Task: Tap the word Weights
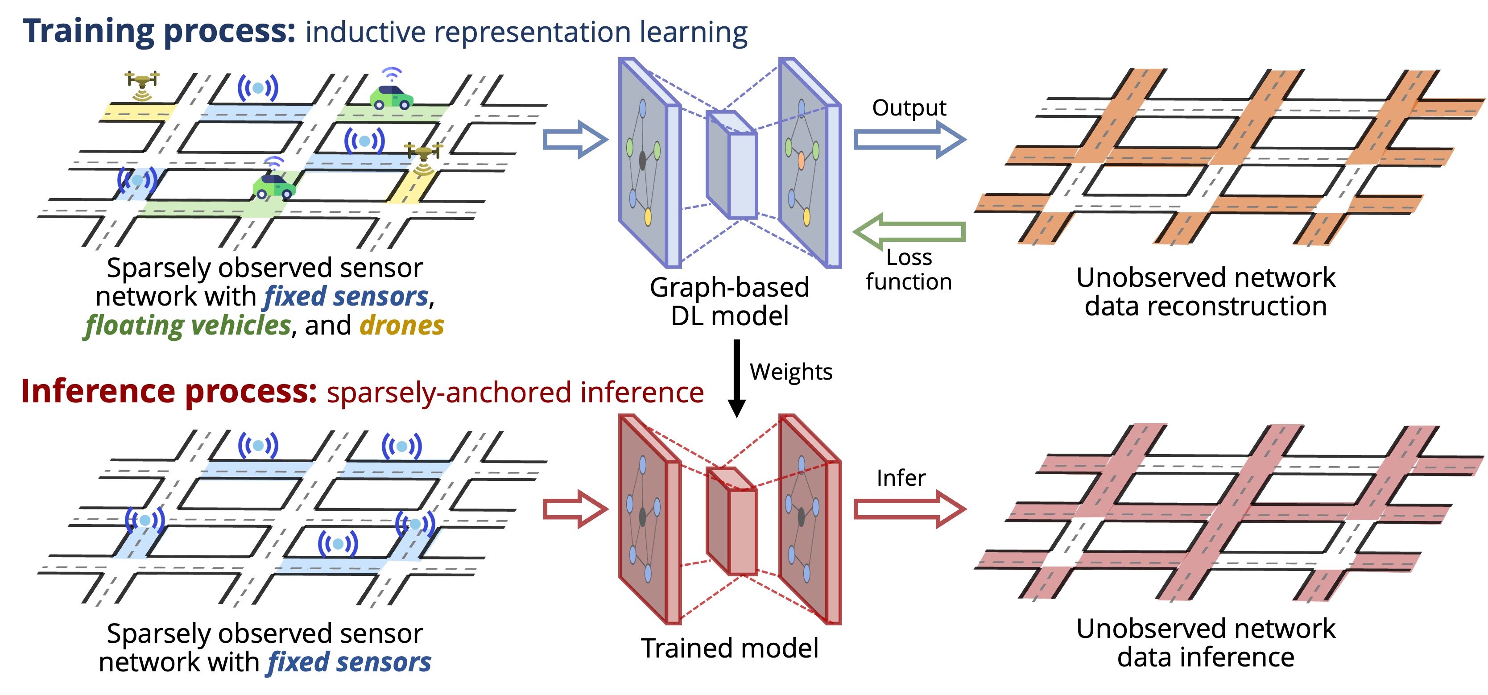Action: [x=791, y=372]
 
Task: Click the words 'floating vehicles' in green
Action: [x=188, y=326]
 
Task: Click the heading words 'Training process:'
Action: [x=159, y=31]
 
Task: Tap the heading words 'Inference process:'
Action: [x=169, y=392]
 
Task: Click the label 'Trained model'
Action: [x=730, y=648]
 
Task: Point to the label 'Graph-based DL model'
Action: [x=730, y=302]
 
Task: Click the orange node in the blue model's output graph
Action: [x=801, y=160]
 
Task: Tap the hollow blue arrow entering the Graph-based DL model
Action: [x=575, y=140]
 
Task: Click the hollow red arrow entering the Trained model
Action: [x=575, y=509]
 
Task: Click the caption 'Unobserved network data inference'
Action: [x=1206, y=643]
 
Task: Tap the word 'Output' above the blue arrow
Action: [x=909, y=108]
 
